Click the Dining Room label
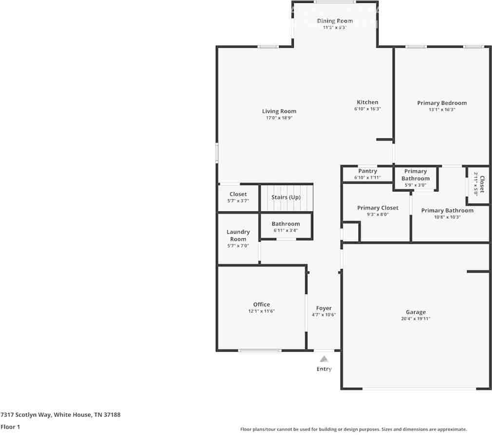335,21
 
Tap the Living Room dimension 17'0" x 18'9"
279,118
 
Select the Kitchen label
367,102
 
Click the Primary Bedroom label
442,103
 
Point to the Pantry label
367,171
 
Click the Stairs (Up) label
286,197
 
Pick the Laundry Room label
238,235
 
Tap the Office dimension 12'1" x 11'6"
262,311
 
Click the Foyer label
324,308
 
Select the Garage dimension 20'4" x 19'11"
416,319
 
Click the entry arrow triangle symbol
324,359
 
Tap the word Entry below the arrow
324,369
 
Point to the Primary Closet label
378,208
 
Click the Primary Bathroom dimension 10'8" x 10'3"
447,217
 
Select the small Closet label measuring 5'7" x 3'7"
238,194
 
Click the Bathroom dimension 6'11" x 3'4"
285,230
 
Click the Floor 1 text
10,427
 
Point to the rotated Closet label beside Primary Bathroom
482,185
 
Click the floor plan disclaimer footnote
353,429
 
